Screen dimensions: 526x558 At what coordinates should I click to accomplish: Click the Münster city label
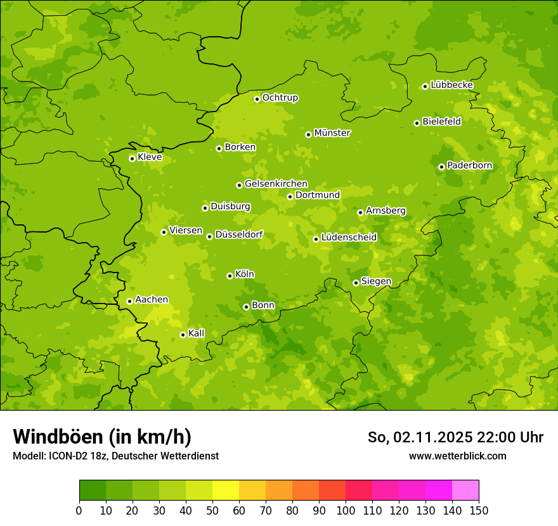pyautogui.click(x=332, y=133)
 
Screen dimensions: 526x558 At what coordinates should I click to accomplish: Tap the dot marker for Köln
pyautogui.click(x=230, y=276)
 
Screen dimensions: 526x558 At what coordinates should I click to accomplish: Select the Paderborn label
pyautogui.click(x=469, y=165)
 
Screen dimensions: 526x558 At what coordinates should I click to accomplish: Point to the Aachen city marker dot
pyautogui.click(x=129, y=301)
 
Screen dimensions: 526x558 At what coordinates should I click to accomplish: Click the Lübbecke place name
pyautogui.click(x=451, y=85)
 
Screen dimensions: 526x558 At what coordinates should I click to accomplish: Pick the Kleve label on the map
pyautogui.click(x=150, y=157)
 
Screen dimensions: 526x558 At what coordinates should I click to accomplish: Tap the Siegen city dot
pyautogui.click(x=356, y=283)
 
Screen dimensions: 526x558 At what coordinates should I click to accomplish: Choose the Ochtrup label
pyautogui.click(x=280, y=98)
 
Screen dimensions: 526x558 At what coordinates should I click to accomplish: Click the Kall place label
pyautogui.click(x=196, y=333)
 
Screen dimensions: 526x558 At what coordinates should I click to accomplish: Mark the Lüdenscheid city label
pyautogui.click(x=349, y=238)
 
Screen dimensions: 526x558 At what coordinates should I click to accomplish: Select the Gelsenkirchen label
pyautogui.click(x=276, y=184)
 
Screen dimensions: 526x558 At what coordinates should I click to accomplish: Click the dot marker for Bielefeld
pyautogui.click(x=417, y=123)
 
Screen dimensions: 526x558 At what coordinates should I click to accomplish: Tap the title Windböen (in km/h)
pyautogui.click(x=101, y=437)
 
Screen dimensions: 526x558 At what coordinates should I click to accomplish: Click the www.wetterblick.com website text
pyautogui.click(x=457, y=456)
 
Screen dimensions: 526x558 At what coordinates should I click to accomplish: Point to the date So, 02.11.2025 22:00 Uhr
pyautogui.click(x=455, y=437)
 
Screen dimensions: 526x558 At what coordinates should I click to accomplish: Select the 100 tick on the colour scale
pyautogui.click(x=346, y=510)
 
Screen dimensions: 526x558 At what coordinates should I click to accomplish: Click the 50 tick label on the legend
pyautogui.click(x=212, y=510)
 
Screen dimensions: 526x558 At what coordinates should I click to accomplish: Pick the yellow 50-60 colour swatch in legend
pyautogui.click(x=226, y=491)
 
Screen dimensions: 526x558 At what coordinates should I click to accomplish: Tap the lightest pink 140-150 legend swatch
pyautogui.click(x=465, y=491)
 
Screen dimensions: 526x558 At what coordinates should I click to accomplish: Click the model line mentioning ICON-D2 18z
pyautogui.click(x=115, y=456)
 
